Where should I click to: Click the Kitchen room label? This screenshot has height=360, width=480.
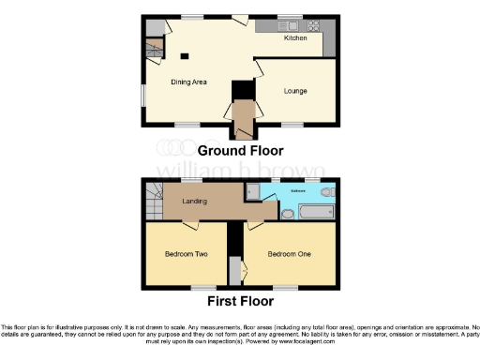[x=296, y=37]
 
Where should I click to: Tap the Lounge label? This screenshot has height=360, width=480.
[x=295, y=91]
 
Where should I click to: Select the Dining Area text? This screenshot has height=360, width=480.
[x=188, y=82]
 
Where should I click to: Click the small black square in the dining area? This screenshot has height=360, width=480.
[x=184, y=54]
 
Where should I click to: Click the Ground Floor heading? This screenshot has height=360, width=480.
[x=240, y=150]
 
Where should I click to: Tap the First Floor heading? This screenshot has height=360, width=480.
[x=240, y=302]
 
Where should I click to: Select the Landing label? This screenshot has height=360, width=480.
[x=194, y=200]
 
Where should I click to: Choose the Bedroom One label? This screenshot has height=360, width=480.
[x=286, y=254]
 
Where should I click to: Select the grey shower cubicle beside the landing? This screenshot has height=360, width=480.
[x=251, y=191]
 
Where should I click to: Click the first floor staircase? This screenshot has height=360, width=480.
[x=153, y=200]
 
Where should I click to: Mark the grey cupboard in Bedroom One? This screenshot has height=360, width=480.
[x=245, y=272]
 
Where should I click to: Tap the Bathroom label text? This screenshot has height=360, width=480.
[x=296, y=190]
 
